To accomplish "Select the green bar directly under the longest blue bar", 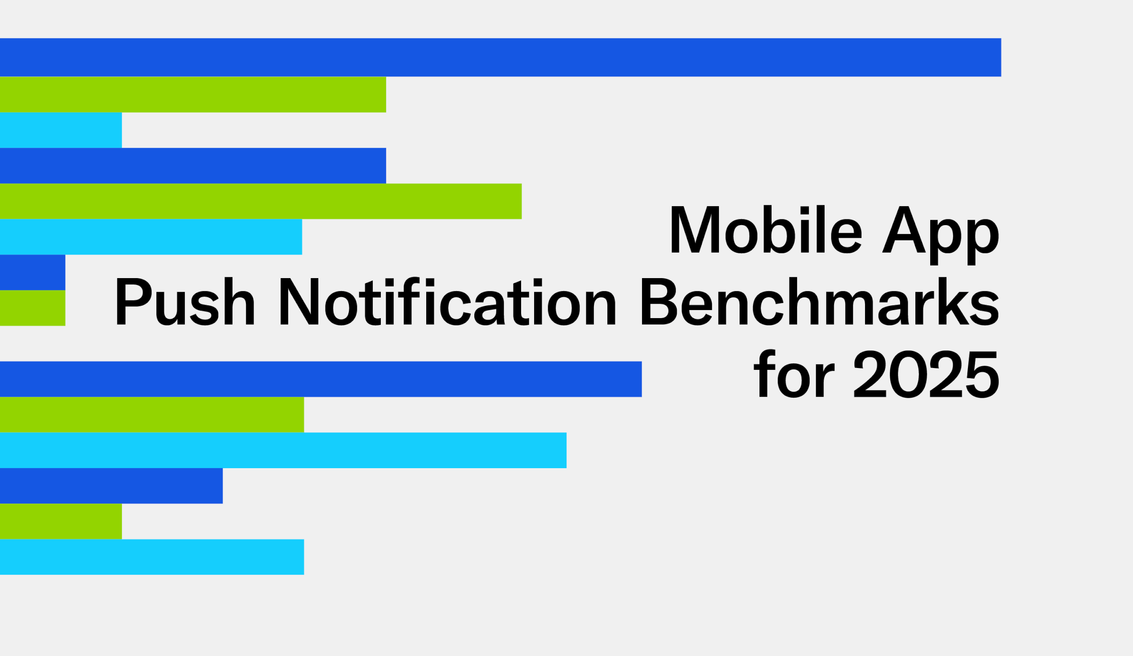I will click(x=193, y=94).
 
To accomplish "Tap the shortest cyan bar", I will click(x=61, y=130).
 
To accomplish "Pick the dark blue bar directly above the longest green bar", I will click(x=193, y=165).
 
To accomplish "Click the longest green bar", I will click(x=261, y=201).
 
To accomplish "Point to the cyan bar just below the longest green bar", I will click(x=151, y=237).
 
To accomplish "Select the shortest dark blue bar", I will click(x=32, y=272).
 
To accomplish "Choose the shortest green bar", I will click(x=32, y=308).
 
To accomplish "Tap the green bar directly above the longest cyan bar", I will click(x=152, y=414).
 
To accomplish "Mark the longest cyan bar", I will click(x=283, y=450).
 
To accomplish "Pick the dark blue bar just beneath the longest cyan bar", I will click(x=111, y=486).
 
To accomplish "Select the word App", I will click(x=940, y=234).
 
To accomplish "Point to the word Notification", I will click(x=448, y=301).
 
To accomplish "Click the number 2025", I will click(x=926, y=374).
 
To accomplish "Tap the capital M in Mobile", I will click(x=695, y=230).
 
